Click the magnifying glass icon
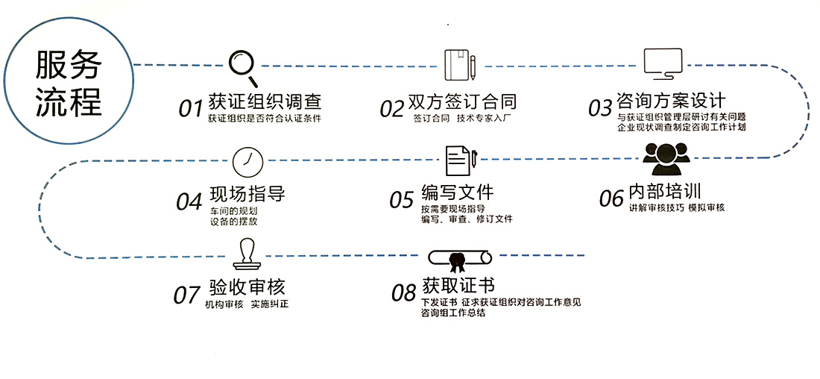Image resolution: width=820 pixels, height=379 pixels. pos(243,66)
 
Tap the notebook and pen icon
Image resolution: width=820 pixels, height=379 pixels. pos(460,65)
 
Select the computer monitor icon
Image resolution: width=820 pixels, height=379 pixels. pos(663,64)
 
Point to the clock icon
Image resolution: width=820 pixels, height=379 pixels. pos(247,161)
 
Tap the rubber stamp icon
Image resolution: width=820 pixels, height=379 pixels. pos(247,254)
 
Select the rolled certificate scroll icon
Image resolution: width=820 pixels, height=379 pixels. pos(460,259)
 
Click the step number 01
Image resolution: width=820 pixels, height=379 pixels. pos(191,109)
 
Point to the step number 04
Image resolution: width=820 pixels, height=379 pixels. pos(189,202)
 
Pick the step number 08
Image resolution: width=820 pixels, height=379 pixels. pos(403,293)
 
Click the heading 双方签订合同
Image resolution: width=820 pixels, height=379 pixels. pos(462,101)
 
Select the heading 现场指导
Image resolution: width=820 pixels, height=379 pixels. pos(247,195)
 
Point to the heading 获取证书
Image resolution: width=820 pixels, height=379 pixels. pos(458,286)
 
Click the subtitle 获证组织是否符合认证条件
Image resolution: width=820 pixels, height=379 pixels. pos(265,119)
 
